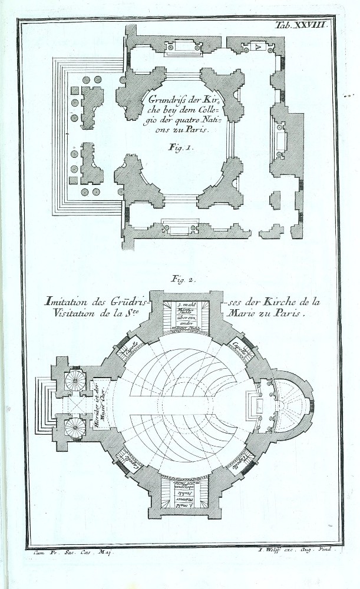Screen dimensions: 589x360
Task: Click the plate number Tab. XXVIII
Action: pos(305,25)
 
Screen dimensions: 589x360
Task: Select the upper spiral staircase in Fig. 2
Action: pos(75,380)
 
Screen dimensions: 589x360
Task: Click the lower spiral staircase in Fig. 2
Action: pos(75,427)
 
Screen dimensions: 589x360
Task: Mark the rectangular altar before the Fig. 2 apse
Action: pos(257,404)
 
